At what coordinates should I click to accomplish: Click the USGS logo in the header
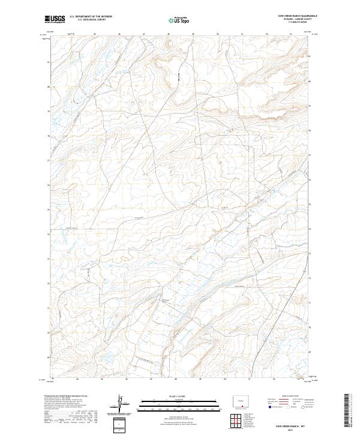point(55,19)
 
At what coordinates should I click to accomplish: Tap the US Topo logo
point(181,20)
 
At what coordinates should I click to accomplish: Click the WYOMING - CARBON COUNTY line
point(298,19)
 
